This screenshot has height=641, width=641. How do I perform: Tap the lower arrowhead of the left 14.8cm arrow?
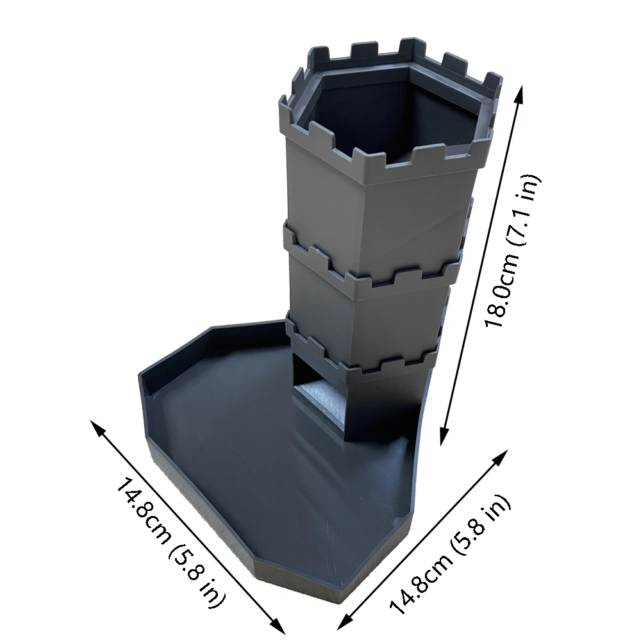tap(279, 626)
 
